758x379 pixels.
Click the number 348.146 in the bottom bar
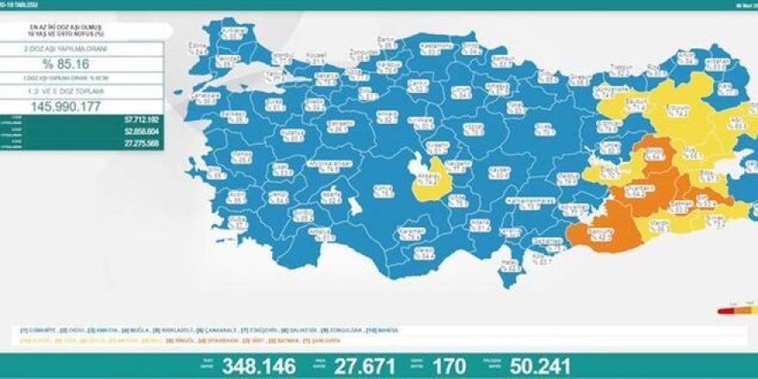click(259, 365)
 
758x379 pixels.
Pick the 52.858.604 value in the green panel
click(139, 130)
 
